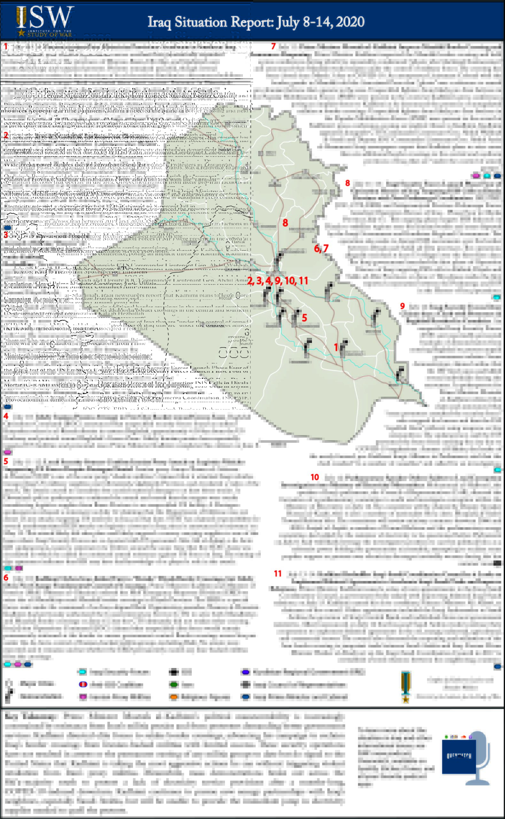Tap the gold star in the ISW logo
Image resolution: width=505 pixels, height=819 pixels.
(x=21, y=33)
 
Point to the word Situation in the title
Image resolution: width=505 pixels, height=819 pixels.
(x=201, y=22)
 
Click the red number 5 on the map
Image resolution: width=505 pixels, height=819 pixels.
(x=304, y=318)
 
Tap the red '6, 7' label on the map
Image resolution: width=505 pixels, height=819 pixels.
(x=321, y=248)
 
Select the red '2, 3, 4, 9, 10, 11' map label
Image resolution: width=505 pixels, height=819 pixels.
(x=277, y=281)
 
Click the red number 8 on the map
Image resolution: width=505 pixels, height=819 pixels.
(x=285, y=223)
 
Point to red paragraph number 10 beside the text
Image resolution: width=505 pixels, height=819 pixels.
(x=315, y=477)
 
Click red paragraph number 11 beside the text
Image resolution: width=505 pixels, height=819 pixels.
(x=277, y=573)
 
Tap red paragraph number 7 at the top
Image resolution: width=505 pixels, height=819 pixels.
(x=273, y=46)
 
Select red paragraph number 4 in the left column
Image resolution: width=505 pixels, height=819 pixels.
(x=6, y=416)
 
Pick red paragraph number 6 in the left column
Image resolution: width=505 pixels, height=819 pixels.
(x=6, y=577)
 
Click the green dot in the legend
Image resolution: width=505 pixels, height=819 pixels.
(x=174, y=684)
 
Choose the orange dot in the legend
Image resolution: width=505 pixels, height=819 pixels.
(x=174, y=697)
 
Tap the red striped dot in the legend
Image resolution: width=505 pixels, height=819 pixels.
(x=83, y=684)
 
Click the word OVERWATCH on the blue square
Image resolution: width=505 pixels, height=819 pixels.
(x=459, y=756)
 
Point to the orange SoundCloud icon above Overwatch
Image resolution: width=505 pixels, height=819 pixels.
(x=463, y=737)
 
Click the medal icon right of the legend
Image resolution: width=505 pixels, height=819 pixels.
(x=406, y=687)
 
